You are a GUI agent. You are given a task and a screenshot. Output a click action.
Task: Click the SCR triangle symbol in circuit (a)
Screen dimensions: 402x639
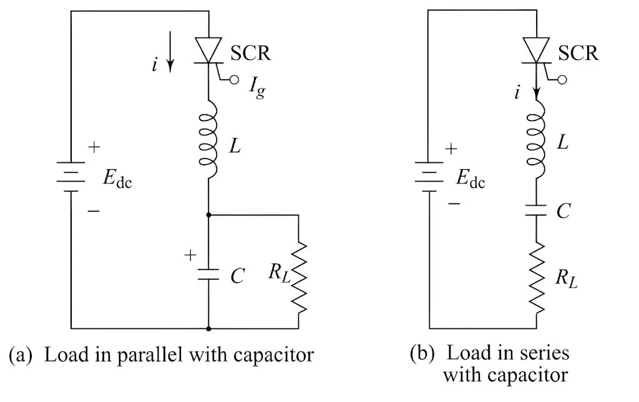click(x=208, y=47)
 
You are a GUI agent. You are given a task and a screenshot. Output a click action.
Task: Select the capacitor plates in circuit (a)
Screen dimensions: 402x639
click(x=208, y=274)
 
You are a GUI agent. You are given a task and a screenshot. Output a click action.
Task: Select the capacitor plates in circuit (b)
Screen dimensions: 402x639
click(x=535, y=210)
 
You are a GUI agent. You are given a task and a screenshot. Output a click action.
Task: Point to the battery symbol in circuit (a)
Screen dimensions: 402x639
click(x=71, y=177)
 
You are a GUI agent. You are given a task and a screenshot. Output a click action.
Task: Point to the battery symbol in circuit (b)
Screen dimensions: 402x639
click(x=429, y=177)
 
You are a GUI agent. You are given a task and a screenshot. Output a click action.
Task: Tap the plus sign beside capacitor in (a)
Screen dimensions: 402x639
click(x=191, y=255)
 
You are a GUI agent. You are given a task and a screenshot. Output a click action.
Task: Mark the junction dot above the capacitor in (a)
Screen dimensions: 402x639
click(x=208, y=215)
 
